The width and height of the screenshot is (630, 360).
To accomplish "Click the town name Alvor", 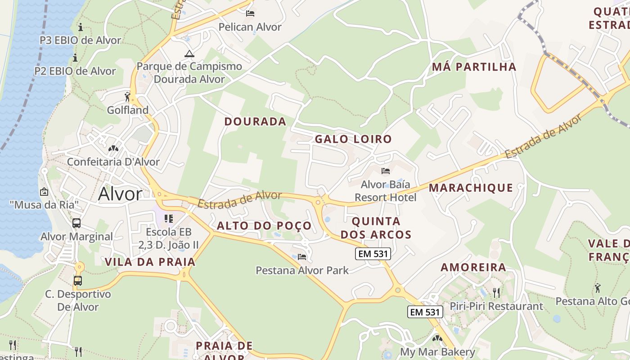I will tap(120, 194).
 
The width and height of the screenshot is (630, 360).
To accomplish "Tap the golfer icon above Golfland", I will tap(128, 97).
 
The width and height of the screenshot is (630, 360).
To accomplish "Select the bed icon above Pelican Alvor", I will tap(250, 13).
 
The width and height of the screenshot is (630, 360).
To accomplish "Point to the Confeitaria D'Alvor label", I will tap(113, 162).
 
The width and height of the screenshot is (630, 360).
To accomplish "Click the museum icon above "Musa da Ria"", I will tap(44, 192).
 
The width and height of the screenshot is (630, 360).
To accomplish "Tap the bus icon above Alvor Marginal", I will tap(76, 223).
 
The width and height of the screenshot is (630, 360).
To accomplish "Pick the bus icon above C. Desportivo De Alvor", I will tap(78, 281).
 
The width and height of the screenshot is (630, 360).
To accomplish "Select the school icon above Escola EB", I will tap(169, 219).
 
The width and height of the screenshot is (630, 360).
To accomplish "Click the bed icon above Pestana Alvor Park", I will tap(302, 257).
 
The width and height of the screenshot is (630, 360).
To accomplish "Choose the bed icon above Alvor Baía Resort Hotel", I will tap(386, 171).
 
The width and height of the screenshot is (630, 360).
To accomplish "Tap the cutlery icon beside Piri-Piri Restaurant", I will tap(496, 293).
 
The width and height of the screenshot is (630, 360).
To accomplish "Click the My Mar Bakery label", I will tap(437, 352).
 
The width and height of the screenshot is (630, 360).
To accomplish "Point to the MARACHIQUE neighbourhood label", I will tap(471, 188).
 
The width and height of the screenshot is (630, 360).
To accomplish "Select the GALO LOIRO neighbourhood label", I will tap(353, 139).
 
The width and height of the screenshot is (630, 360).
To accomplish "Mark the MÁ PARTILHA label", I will tap(474, 67).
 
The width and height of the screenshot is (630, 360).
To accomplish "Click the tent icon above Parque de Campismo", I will tap(189, 54).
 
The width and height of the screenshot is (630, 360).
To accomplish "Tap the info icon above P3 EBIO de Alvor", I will tap(81, 27).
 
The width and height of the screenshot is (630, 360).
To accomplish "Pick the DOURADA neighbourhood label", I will tap(255, 121).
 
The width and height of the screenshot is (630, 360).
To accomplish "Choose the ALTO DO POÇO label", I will tap(264, 226).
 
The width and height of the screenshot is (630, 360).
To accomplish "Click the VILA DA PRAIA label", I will tap(150, 262).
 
